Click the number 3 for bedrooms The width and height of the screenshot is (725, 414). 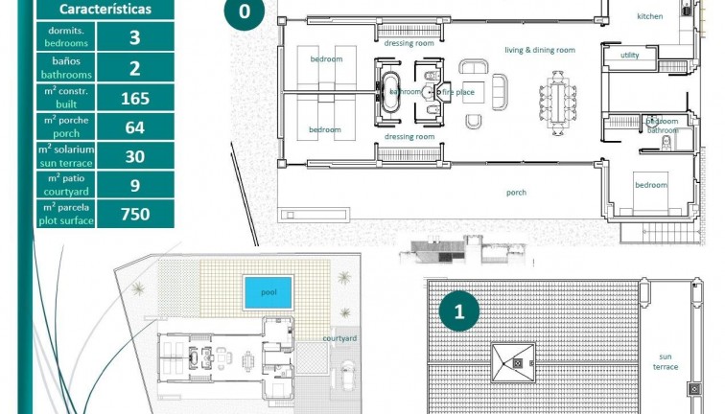(134, 38)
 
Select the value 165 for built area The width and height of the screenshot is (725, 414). (134, 98)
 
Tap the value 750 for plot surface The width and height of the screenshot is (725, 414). (134, 214)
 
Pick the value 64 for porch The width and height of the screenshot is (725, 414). (134, 126)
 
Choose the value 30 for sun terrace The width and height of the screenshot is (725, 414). (134, 156)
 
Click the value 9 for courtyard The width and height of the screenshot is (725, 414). (134, 185)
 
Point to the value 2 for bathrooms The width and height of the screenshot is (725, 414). (134, 68)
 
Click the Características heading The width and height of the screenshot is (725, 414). (105, 10)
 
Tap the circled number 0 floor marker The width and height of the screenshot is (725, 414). (245, 11)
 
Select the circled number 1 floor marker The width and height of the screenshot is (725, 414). (459, 310)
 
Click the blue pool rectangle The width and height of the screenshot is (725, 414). (268, 292)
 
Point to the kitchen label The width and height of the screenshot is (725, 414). (650, 16)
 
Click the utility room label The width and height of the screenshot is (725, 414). (629, 56)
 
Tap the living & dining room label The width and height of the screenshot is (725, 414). (540, 50)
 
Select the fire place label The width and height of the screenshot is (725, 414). (457, 92)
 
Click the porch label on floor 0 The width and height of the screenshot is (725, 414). (516, 193)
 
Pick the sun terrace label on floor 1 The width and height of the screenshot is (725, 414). (666, 361)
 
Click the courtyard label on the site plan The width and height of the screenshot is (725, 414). (339, 339)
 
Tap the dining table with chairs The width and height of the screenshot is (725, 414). (557, 99)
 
